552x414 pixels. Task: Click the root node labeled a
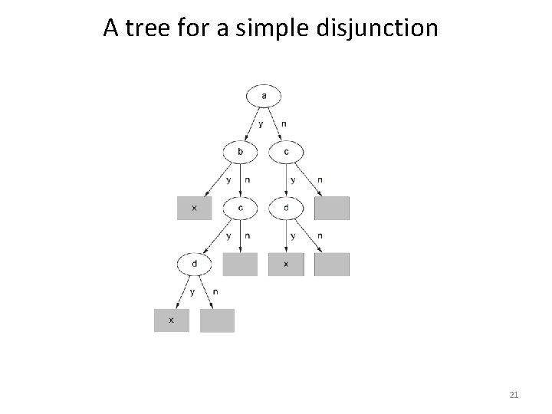click(x=264, y=96)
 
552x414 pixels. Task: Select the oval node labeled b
click(x=241, y=152)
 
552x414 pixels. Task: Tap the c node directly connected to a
click(x=286, y=152)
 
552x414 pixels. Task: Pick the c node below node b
click(x=241, y=208)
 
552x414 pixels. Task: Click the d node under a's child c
click(x=286, y=208)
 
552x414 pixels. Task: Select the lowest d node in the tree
click(x=195, y=264)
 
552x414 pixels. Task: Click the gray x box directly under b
click(x=195, y=208)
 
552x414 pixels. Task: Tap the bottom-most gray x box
click(x=172, y=320)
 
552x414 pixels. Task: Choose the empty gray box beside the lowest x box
click(x=217, y=320)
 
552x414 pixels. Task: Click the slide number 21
click(x=514, y=395)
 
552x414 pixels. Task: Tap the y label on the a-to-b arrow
click(x=261, y=123)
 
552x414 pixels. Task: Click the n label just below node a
click(x=284, y=123)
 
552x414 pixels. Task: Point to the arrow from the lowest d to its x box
click(x=183, y=291)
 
